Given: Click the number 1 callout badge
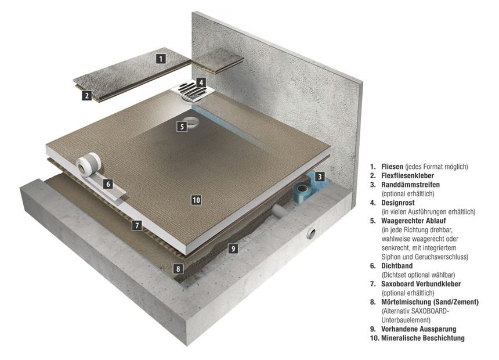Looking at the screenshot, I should click(x=161, y=58).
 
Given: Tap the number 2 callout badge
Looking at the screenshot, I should click(x=86, y=96).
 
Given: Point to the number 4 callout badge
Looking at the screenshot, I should click(x=201, y=82).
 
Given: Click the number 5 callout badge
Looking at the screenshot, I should click(x=182, y=126).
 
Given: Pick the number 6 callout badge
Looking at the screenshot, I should click(x=107, y=184).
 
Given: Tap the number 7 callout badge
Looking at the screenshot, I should click(x=136, y=225).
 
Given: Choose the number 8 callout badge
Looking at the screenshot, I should click(x=178, y=269).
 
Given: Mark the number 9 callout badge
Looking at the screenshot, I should click(x=232, y=249).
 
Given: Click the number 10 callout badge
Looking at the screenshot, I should click(x=196, y=200).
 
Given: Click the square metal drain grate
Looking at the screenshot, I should click(x=189, y=90).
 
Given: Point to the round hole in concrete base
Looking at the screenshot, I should click(x=312, y=233).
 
